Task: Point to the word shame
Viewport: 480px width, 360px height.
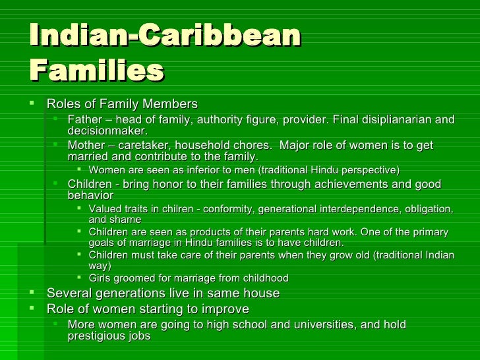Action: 126,220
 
